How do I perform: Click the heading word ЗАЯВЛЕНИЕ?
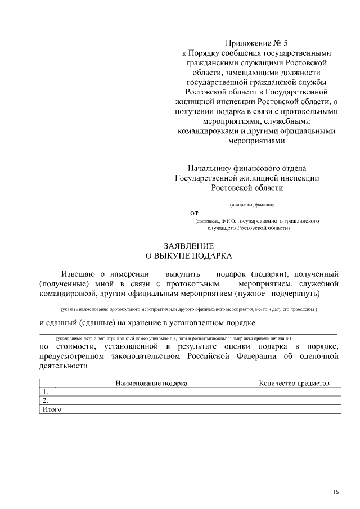tap(188, 246)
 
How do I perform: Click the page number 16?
tap(335, 493)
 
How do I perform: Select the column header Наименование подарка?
tap(151, 383)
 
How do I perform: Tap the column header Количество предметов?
tap(294, 383)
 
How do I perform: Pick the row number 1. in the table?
tap(45, 392)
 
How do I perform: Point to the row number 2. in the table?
tap(45, 400)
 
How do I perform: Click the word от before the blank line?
tap(194, 213)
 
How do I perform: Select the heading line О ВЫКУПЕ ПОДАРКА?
tap(188, 256)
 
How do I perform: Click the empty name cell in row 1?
tap(151, 392)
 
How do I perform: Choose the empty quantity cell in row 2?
tap(294, 400)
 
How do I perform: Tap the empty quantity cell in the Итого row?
tap(294, 409)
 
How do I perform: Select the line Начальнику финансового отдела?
tap(247, 168)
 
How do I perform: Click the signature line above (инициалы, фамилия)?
tap(253, 200)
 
